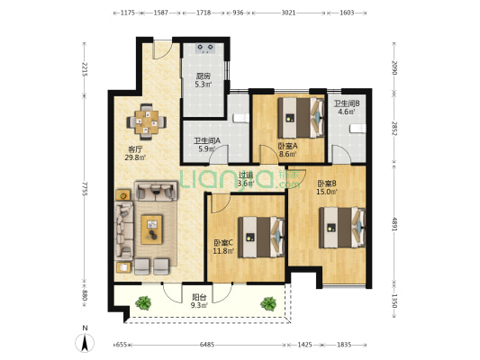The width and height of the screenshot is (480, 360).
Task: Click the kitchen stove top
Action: click(205, 49)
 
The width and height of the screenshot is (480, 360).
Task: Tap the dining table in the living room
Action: click(146, 122)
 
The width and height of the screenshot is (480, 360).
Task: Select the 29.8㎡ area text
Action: click(135, 157)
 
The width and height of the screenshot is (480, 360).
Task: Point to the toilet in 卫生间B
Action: click(358, 129)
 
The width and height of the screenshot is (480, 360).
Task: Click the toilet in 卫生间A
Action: click(241, 118)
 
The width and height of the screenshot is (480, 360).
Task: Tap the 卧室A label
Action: click(287, 146)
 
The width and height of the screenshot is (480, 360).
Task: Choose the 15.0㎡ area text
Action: click(327, 192)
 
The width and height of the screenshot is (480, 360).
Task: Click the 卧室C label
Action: click(223, 243)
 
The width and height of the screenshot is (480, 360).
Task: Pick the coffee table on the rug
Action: click(151, 229)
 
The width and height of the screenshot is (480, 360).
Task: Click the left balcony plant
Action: click(143, 302)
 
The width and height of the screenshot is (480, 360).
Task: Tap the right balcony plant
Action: click(268, 303)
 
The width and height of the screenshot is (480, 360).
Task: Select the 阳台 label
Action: click(199, 297)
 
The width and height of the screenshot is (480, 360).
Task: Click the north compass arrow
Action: click(85, 343)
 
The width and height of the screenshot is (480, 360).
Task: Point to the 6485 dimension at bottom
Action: click(207, 345)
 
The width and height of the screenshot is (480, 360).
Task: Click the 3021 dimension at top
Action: click(288, 13)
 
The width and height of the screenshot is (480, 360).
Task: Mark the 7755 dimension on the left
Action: click(85, 189)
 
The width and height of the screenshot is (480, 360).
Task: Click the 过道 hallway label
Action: click(246, 175)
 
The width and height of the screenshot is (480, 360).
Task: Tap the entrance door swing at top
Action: click(163, 49)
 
